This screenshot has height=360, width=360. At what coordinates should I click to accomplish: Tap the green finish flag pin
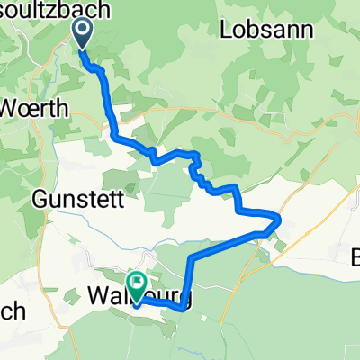[136, 285]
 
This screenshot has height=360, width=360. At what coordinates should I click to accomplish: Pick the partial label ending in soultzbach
[55, 10]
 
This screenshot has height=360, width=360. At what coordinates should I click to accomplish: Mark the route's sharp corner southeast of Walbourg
[184, 307]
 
